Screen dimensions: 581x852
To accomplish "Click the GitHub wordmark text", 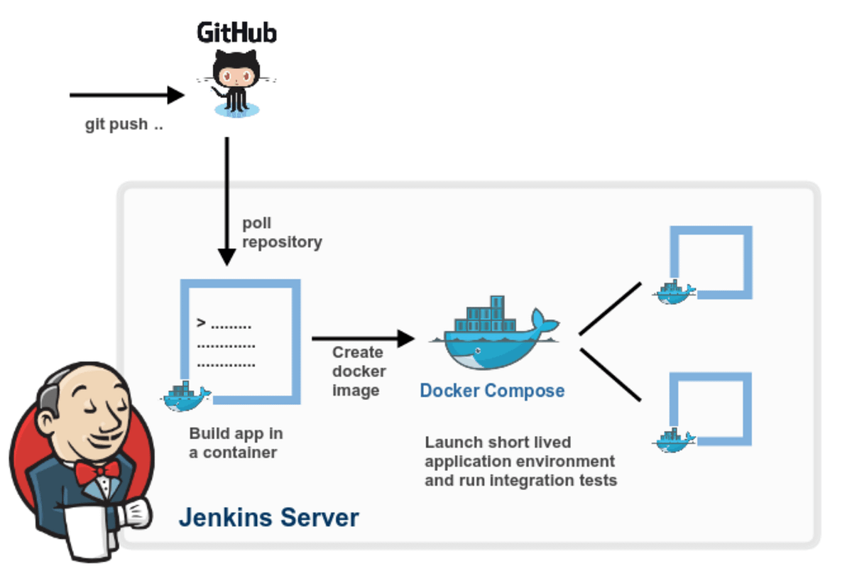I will (x=236, y=33).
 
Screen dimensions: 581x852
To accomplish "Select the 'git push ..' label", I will (x=124, y=124).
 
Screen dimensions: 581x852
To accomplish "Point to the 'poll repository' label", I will (x=282, y=233).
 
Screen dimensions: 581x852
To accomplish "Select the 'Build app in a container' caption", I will (x=236, y=443).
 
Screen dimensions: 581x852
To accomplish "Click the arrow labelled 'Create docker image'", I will (x=362, y=339).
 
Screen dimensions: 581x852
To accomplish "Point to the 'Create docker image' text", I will (x=359, y=371).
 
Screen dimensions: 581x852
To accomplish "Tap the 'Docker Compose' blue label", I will (x=492, y=391).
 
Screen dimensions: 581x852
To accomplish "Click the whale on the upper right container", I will (x=674, y=292).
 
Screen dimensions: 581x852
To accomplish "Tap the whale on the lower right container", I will (x=674, y=439).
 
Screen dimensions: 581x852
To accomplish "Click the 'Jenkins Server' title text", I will (x=268, y=517).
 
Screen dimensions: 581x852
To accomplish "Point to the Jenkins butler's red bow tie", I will (x=97, y=471).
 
